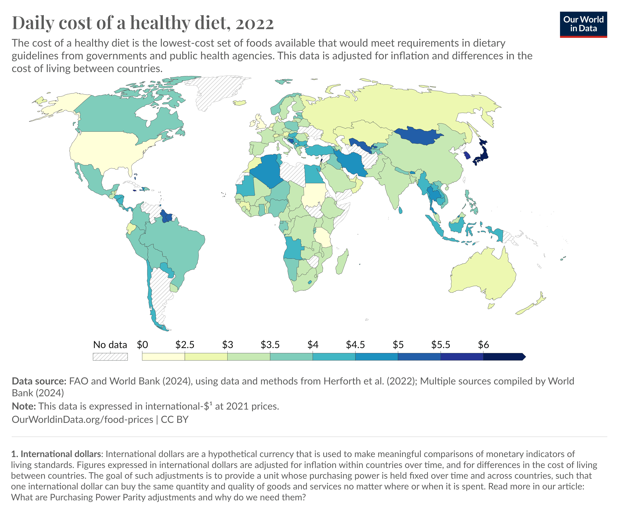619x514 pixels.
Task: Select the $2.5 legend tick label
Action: (x=185, y=345)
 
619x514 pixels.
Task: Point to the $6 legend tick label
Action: (x=483, y=345)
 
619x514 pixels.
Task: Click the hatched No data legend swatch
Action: (x=110, y=357)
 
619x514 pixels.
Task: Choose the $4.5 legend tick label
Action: (x=355, y=345)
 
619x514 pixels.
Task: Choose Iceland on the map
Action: (x=240, y=103)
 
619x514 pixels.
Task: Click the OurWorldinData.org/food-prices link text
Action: (x=82, y=419)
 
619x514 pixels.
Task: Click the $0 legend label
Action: (x=142, y=345)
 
